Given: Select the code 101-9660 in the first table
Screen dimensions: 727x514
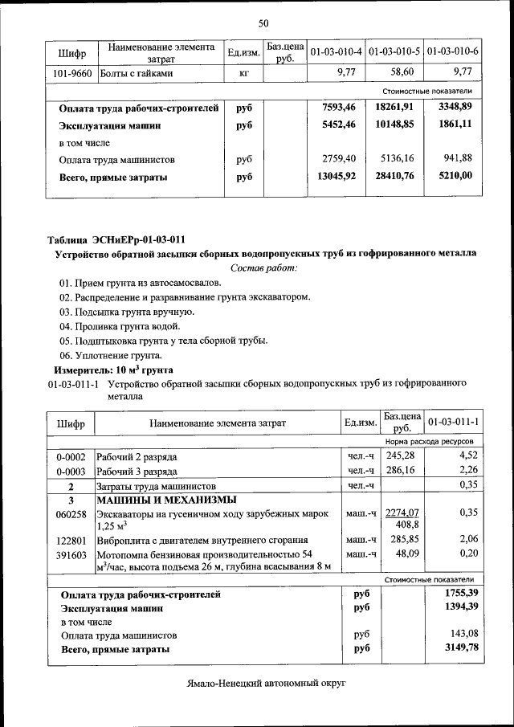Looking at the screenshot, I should coord(72,73).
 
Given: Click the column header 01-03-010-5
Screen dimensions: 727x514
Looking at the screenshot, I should coord(395,52).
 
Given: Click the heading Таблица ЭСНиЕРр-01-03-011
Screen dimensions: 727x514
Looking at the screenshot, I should coord(116,239).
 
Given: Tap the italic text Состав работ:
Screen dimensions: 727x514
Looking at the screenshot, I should coord(263,267).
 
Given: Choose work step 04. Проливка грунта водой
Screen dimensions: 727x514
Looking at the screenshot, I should coord(120,326).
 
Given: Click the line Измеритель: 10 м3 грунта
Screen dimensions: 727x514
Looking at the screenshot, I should coord(113,370).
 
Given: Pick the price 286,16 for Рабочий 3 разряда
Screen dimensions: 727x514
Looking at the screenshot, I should coord(400,471).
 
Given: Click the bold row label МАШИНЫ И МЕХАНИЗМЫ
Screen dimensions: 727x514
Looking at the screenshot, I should coord(157,499).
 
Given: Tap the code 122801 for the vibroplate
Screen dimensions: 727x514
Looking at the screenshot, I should coord(71,540).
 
